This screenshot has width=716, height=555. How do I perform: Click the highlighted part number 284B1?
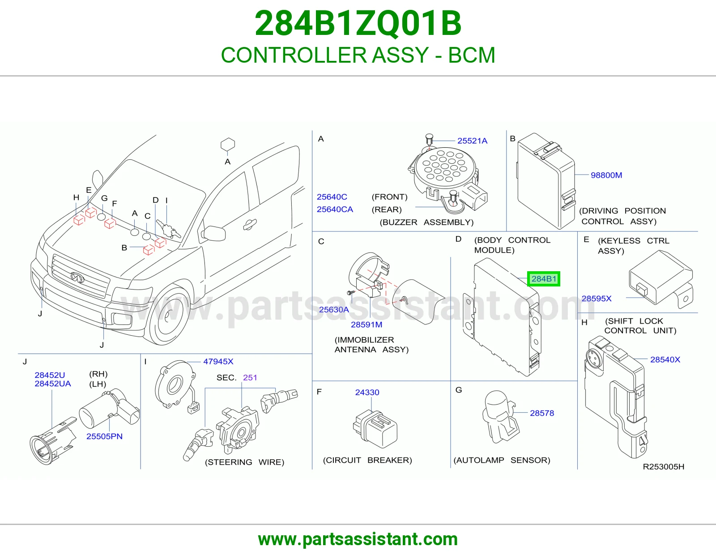(544, 279)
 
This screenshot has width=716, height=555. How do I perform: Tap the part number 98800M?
(606, 175)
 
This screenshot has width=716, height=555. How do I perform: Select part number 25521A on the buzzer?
(472, 141)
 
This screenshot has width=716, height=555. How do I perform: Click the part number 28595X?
(597, 299)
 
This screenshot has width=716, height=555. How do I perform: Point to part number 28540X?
(665, 359)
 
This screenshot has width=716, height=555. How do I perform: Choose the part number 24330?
(367, 392)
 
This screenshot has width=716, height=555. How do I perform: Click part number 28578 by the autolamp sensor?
(542, 413)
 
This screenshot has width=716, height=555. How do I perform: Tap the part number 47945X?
(218, 362)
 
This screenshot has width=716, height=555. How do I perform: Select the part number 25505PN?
(104, 436)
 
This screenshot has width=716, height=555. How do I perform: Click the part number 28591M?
(367, 324)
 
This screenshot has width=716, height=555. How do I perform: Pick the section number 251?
(250, 378)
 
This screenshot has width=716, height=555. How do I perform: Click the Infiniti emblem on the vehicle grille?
(77, 278)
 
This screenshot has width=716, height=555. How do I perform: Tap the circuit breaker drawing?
(375, 429)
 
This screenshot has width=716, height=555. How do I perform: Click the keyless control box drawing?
(661, 279)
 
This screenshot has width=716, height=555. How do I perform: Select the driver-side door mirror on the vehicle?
(214, 233)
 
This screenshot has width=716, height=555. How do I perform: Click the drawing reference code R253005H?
(663, 467)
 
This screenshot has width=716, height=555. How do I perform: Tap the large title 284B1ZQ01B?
(358, 23)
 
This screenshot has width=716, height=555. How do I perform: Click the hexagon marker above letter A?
(228, 145)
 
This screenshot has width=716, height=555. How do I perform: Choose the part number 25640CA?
(335, 209)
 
